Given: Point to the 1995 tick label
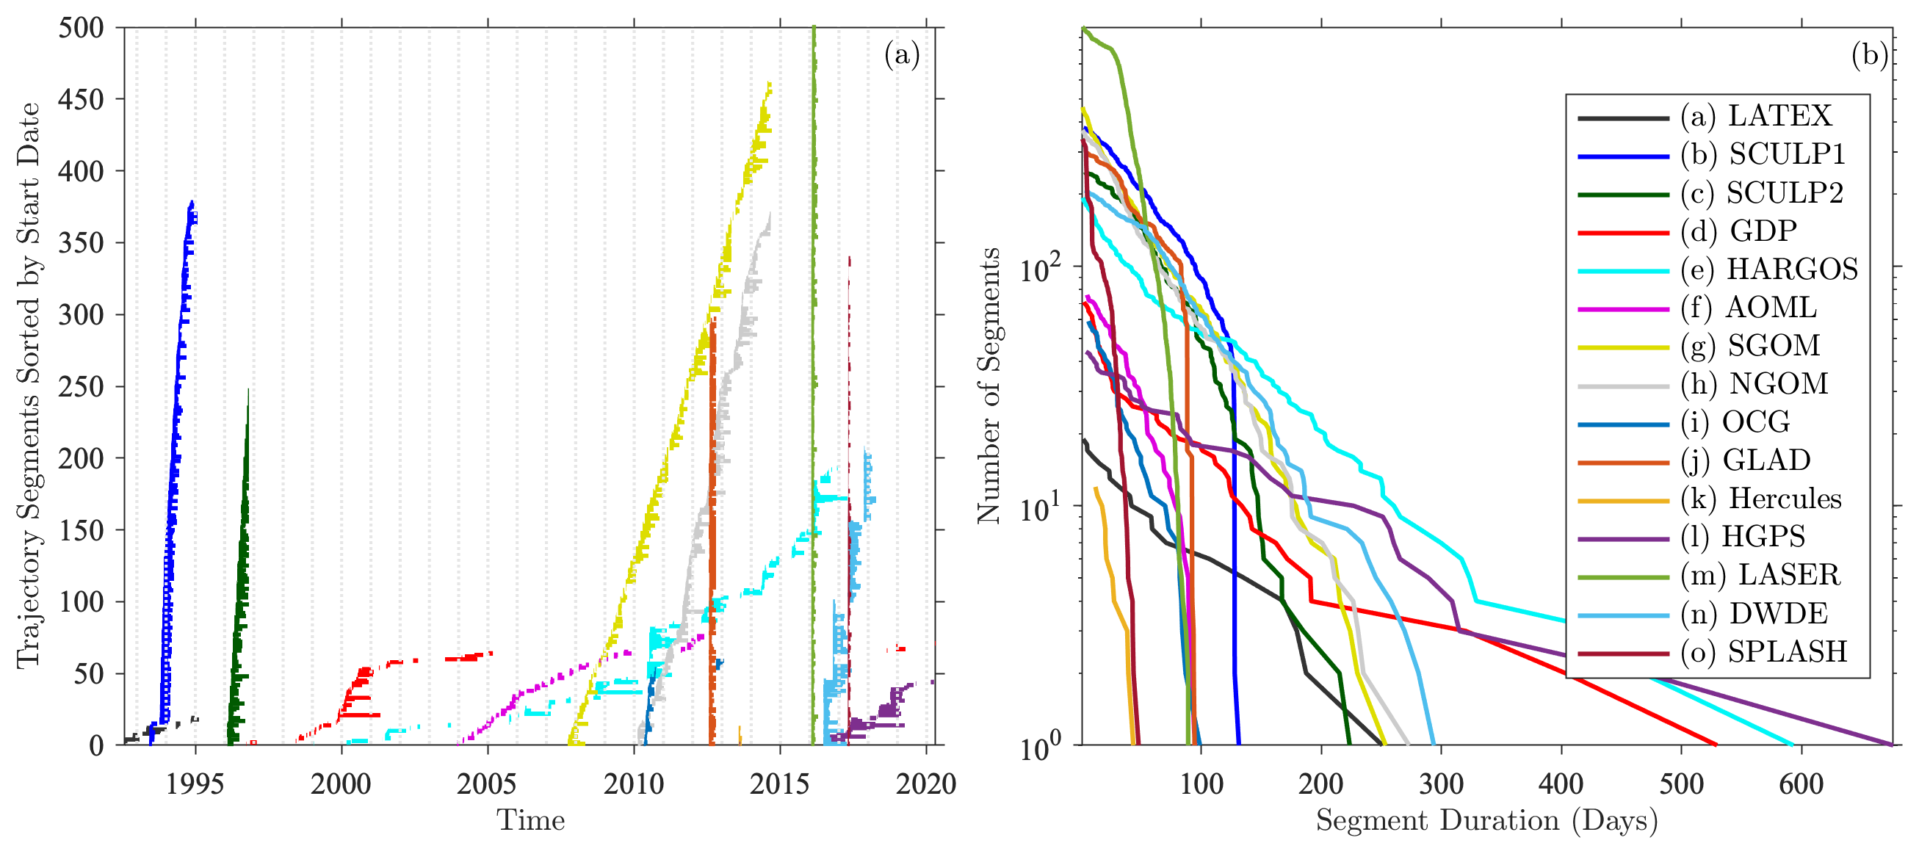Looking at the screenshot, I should pos(195,784).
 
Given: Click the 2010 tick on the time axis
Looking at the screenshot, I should pos(633,784).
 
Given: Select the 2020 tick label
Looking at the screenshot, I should pos(925,784).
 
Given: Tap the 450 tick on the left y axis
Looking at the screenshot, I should pos(82,99).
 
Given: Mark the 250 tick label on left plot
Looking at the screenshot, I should pos(82,387).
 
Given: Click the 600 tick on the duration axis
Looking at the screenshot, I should pos(1801,784).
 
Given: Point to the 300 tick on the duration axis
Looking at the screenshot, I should pos(1441,784).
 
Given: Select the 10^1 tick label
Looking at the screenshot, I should pos(1042,509).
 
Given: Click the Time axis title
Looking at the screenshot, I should pos(530,820).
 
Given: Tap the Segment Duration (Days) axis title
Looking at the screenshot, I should pos(1487,820).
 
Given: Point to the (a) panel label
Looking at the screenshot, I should pos(901,54).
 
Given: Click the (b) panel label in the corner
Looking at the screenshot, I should pos(1869,54).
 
